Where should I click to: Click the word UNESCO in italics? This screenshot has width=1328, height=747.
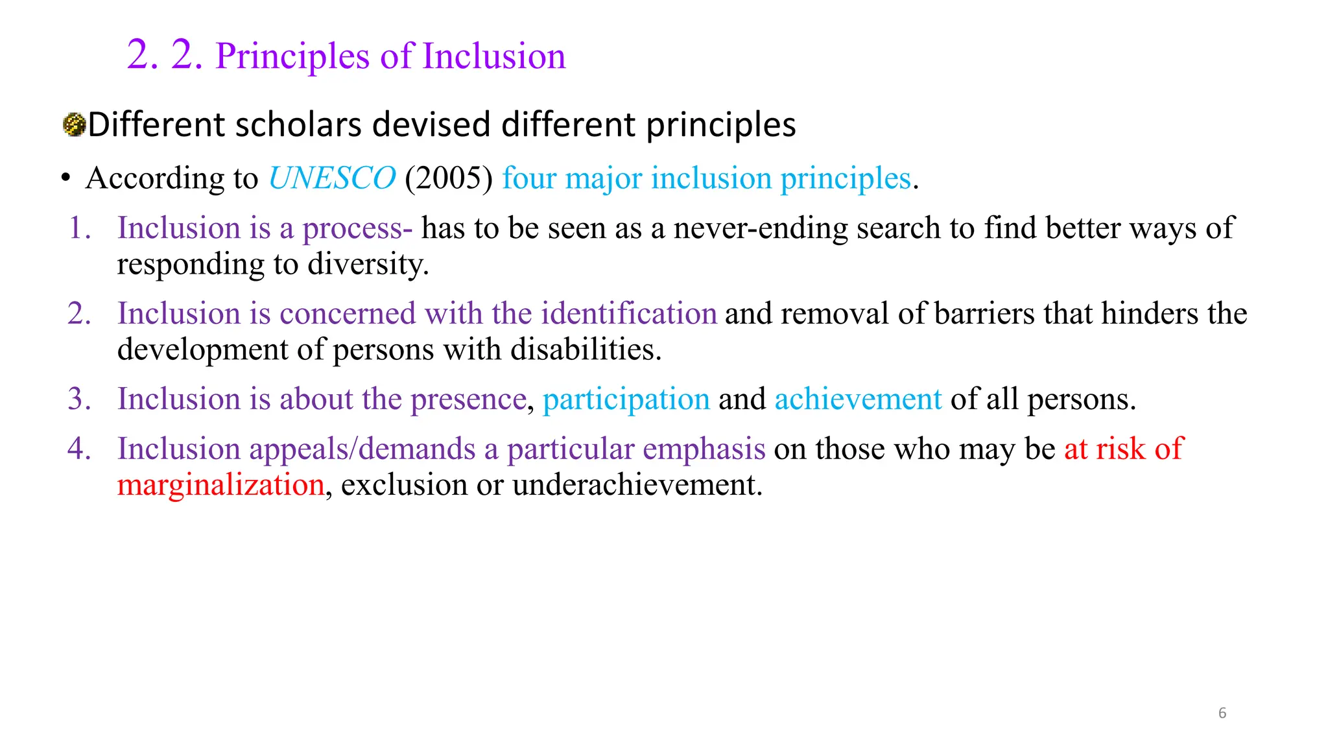tap(332, 178)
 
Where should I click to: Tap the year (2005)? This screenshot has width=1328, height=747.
tap(449, 178)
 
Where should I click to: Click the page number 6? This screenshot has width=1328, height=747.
tap(1222, 713)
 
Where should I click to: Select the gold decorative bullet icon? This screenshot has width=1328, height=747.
tap(75, 124)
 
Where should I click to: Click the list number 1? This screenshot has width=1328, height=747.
tap(79, 228)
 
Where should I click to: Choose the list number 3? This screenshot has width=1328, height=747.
tap(79, 399)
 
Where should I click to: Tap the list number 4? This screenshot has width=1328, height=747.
tap(79, 449)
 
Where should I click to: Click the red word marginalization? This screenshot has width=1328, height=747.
tap(220, 485)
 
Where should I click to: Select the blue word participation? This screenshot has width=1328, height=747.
tap(626, 399)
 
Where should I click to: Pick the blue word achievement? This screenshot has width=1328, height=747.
tap(858, 399)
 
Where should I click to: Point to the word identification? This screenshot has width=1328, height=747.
tap(629, 314)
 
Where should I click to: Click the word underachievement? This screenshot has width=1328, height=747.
tap(637, 485)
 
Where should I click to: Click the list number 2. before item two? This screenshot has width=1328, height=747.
tap(79, 314)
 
